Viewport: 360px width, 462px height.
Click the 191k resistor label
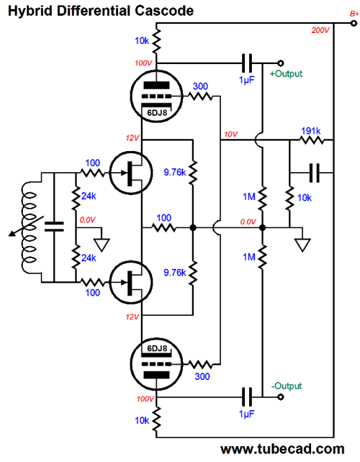click(x=311, y=130)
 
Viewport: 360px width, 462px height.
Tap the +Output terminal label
click(x=286, y=73)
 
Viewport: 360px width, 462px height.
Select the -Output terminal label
click(x=287, y=386)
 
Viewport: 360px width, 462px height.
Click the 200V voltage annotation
click(x=320, y=30)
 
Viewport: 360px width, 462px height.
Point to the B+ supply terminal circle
click(x=354, y=23)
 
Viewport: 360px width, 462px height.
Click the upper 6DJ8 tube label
click(x=157, y=112)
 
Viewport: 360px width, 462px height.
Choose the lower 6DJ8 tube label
click(x=157, y=348)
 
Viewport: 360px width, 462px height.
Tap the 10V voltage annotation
click(x=230, y=135)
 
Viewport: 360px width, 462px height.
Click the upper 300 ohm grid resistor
click(x=200, y=96)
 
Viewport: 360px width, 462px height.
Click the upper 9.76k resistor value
click(x=175, y=172)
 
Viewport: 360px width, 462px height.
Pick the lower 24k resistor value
click(x=89, y=258)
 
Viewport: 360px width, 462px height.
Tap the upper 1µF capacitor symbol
click(x=247, y=63)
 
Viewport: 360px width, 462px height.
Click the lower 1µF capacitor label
click(x=247, y=414)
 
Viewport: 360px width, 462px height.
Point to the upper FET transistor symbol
click(x=131, y=173)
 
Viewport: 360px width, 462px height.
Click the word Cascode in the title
click(x=165, y=11)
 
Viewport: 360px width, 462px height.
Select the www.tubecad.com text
click(x=282, y=449)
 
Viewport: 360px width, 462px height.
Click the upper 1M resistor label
click(x=249, y=196)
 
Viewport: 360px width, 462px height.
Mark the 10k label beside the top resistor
click(x=142, y=41)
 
